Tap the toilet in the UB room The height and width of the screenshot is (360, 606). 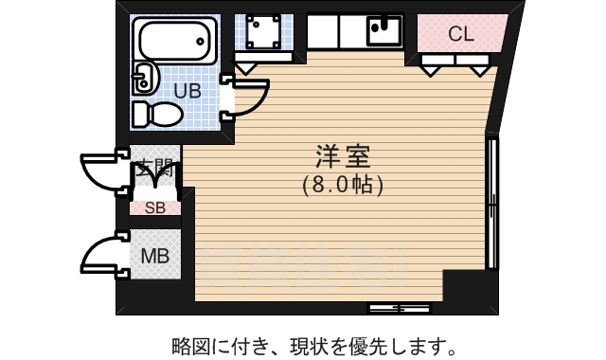tap(156, 114)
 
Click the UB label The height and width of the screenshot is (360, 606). tap(187, 91)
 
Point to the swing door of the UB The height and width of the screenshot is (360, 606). tap(249, 97)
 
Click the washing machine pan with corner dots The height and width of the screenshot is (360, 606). tap(258, 33)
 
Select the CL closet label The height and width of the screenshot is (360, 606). tap(460, 35)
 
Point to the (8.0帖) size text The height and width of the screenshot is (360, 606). tap(343, 185)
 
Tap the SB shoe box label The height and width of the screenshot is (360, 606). tap(154, 208)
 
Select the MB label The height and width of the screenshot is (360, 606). tap(153, 255)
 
